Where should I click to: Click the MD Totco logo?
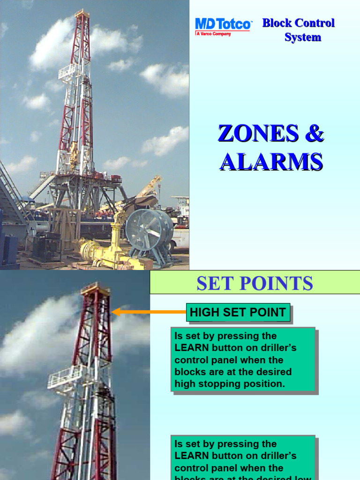tap(223, 24)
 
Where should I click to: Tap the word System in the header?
tap(302, 37)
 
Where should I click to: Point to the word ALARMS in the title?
tap(271, 162)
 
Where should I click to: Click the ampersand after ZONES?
tap(314, 134)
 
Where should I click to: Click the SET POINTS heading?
tap(255, 284)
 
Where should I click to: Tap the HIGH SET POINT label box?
tap(238, 313)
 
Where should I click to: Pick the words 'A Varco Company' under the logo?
tap(213, 34)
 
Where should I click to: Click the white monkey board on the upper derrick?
tap(68, 72)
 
